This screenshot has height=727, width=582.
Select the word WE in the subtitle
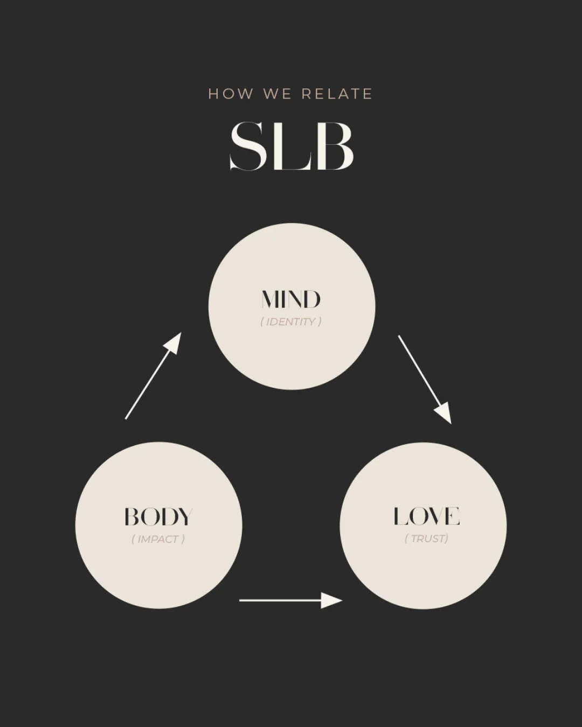pos(278,94)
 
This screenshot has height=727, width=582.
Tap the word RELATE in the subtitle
pos(337,94)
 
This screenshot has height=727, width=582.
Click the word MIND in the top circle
pos(291,299)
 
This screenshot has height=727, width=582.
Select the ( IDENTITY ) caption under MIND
pos(291,322)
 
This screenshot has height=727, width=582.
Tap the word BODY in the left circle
pos(158,517)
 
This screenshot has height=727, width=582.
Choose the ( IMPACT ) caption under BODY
pos(158,539)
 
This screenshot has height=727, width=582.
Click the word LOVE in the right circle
pos(426,516)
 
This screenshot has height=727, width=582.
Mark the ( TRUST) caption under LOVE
pos(426,539)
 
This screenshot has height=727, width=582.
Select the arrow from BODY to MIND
pos(153,376)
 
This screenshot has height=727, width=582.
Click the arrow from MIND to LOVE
pos(424,379)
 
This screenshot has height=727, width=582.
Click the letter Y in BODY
pos(184,517)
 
